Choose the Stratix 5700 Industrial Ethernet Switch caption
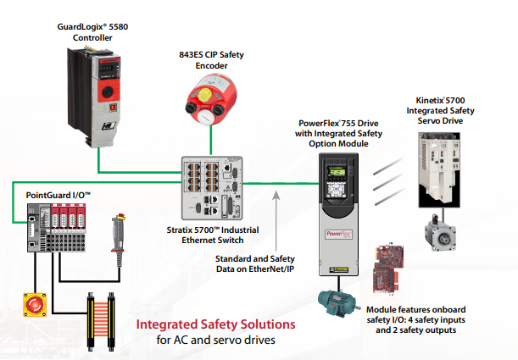pyautogui.click(x=214, y=235)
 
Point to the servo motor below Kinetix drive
pyautogui.click(x=442, y=238)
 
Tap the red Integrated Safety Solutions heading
pyautogui.click(x=216, y=324)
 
